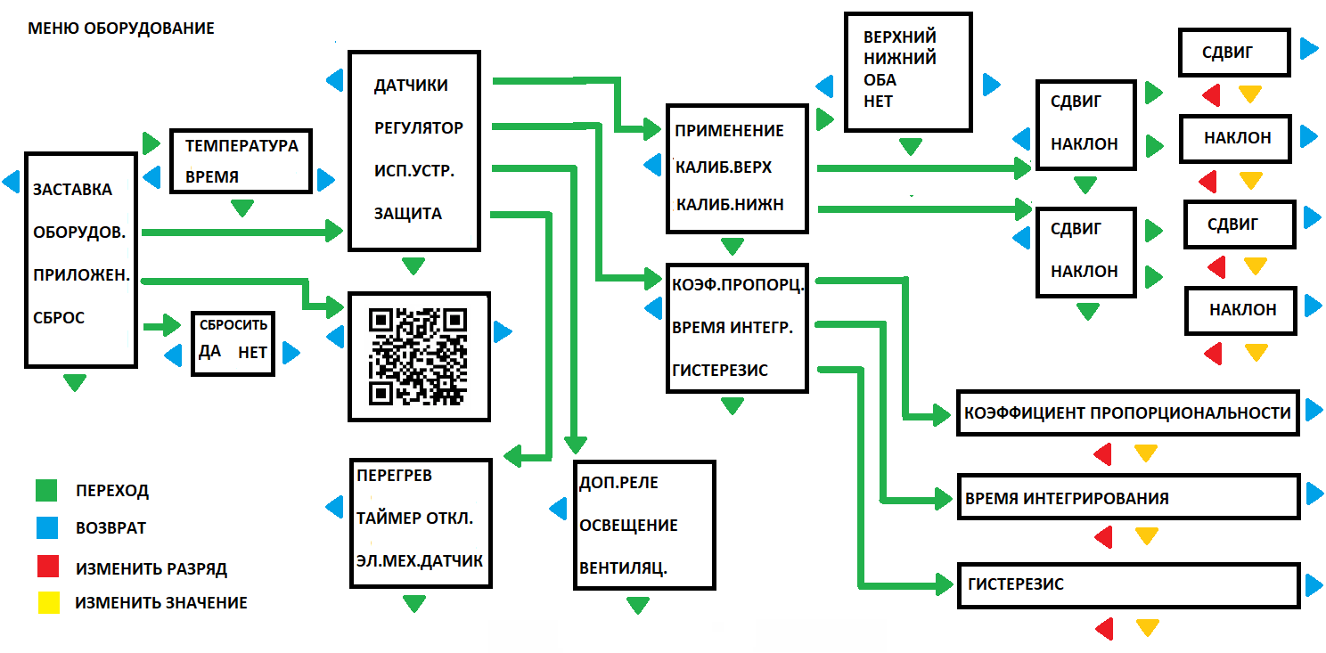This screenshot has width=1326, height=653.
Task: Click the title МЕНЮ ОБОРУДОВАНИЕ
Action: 121,29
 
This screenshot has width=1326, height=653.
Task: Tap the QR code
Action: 418,355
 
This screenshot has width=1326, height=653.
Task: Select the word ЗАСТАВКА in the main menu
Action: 73,190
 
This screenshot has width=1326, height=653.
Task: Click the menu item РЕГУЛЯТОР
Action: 419,127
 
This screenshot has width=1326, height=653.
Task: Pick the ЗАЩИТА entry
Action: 408,214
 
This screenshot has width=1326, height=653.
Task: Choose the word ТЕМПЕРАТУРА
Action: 241,145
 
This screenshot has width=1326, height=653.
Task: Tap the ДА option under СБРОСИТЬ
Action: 210,351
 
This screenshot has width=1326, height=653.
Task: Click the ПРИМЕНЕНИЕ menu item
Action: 730,130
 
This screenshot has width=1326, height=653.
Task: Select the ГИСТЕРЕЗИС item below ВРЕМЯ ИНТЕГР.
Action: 721,371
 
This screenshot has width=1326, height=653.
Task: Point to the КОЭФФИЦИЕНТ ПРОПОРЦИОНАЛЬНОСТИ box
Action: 1127,412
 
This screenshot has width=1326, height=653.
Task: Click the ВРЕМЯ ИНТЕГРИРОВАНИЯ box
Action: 1127,498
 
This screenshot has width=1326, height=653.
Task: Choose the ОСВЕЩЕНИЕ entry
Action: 628,526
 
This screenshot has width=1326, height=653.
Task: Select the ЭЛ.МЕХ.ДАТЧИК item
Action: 420,561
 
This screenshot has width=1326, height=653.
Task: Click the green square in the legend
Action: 46,490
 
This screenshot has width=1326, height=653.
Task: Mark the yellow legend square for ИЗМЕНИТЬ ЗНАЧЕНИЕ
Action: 46,603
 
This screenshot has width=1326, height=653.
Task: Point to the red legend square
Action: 46,566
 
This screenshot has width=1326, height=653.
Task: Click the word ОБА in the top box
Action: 880,80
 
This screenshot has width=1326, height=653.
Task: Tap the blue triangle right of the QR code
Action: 503,332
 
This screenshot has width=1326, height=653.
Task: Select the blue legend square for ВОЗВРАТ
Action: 46,527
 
